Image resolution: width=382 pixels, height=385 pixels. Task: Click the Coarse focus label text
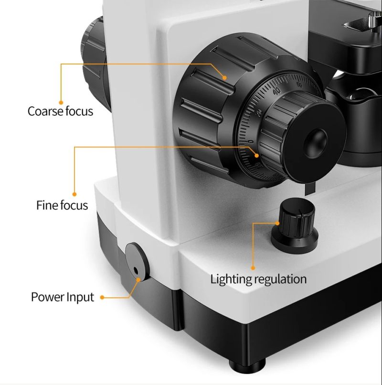pyautogui.click(x=60, y=111)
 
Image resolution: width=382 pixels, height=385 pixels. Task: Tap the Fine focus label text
pyautogui.click(x=62, y=205)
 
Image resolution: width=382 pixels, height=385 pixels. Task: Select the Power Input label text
pyautogui.click(x=63, y=297)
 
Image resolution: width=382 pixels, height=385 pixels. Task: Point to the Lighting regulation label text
pyautogui.click(x=258, y=279)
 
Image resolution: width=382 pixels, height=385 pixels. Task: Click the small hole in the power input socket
pyautogui.click(x=136, y=271)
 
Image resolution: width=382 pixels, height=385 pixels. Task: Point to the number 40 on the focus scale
pyautogui.click(x=277, y=90)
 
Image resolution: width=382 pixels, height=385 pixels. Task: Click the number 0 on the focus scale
pyautogui.click(x=250, y=142)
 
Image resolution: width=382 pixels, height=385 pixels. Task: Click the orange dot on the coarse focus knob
pyautogui.click(x=224, y=78)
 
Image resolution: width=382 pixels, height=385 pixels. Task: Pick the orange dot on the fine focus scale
pyautogui.click(x=256, y=155)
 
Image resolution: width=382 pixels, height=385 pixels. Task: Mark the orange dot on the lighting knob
pyautogui.click(x=277, y=223)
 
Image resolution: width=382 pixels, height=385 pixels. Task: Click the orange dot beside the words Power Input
pyautogui.click(x=102, y=297)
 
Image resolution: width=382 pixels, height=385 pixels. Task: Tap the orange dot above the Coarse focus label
pyautogui.click(x=61, y=102)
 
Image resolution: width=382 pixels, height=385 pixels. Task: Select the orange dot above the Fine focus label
pyautogui.click(x=74, y=194)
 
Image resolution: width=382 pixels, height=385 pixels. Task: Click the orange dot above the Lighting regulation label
pyautogui.click(x=253, y=268)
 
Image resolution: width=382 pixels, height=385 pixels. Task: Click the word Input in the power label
pyautogui.click(x=80, y=297)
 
